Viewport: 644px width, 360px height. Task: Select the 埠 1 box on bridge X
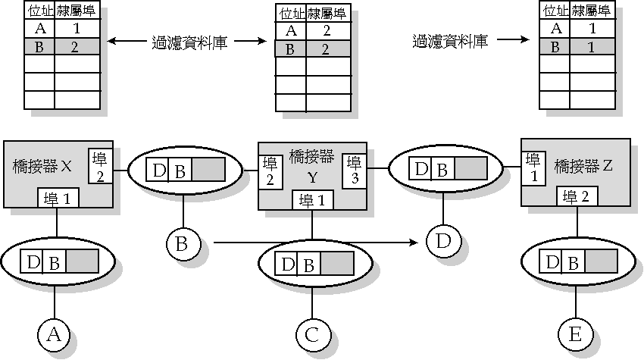coord(58,199)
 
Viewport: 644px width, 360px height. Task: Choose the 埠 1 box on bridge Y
coord(313,200)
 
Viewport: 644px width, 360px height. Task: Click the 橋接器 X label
coord(42,166)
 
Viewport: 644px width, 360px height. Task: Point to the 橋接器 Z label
coord(583,164)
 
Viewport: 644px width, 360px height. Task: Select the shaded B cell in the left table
coord(39,46)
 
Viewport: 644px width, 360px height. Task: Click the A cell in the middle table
coord(290,31)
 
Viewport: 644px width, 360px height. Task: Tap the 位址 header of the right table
coord(555,11)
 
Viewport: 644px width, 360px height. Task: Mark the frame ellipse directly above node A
coord(58,262)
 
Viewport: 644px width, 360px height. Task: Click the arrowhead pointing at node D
coord(415,243)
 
